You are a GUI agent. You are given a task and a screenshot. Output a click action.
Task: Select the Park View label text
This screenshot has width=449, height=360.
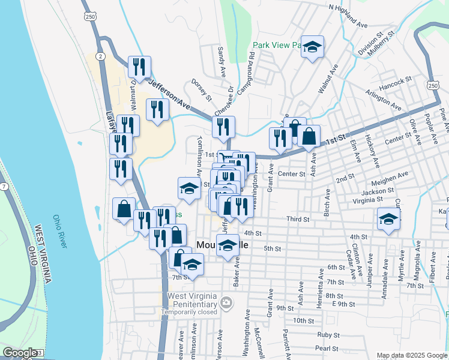(277, 45)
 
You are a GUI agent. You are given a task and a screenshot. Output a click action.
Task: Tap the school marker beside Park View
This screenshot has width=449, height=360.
(312, 47)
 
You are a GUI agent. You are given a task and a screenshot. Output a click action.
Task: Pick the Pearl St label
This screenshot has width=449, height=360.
(327, 348)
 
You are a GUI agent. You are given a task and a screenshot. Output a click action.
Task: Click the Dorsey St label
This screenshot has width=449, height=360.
(201, 89)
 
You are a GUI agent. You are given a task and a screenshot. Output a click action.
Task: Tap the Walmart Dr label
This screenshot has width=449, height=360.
(133, 97)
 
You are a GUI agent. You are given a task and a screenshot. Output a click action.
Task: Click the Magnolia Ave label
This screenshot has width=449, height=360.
(415, 265)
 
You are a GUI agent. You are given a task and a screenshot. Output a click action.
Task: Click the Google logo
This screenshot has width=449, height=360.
(19, 352)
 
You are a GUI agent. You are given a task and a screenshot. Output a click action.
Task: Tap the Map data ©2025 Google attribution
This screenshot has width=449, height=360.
(411, 355)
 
